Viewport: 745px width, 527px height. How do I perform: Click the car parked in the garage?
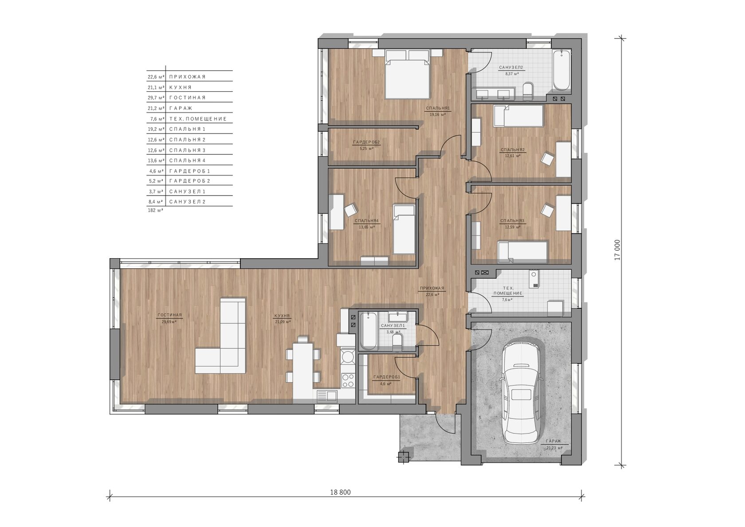(x=523, y=393)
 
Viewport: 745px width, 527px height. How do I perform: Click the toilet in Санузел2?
(x=528, y=91)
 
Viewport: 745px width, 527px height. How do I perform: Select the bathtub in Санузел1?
(x=368, y=331)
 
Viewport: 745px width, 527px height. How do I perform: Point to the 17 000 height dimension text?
(x=618, y=250)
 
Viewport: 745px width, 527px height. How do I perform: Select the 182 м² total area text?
(x=155, y=210)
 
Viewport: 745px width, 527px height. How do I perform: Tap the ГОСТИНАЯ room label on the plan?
(x=169, y=315)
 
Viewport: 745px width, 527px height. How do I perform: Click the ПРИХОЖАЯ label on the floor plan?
(x=432, y=288)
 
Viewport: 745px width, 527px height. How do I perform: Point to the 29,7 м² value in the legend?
(x=156, y=98)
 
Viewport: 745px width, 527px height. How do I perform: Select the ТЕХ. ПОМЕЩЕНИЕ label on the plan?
(x=508, y=291)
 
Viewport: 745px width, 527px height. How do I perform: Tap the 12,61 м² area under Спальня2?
(x=513, y=155)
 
